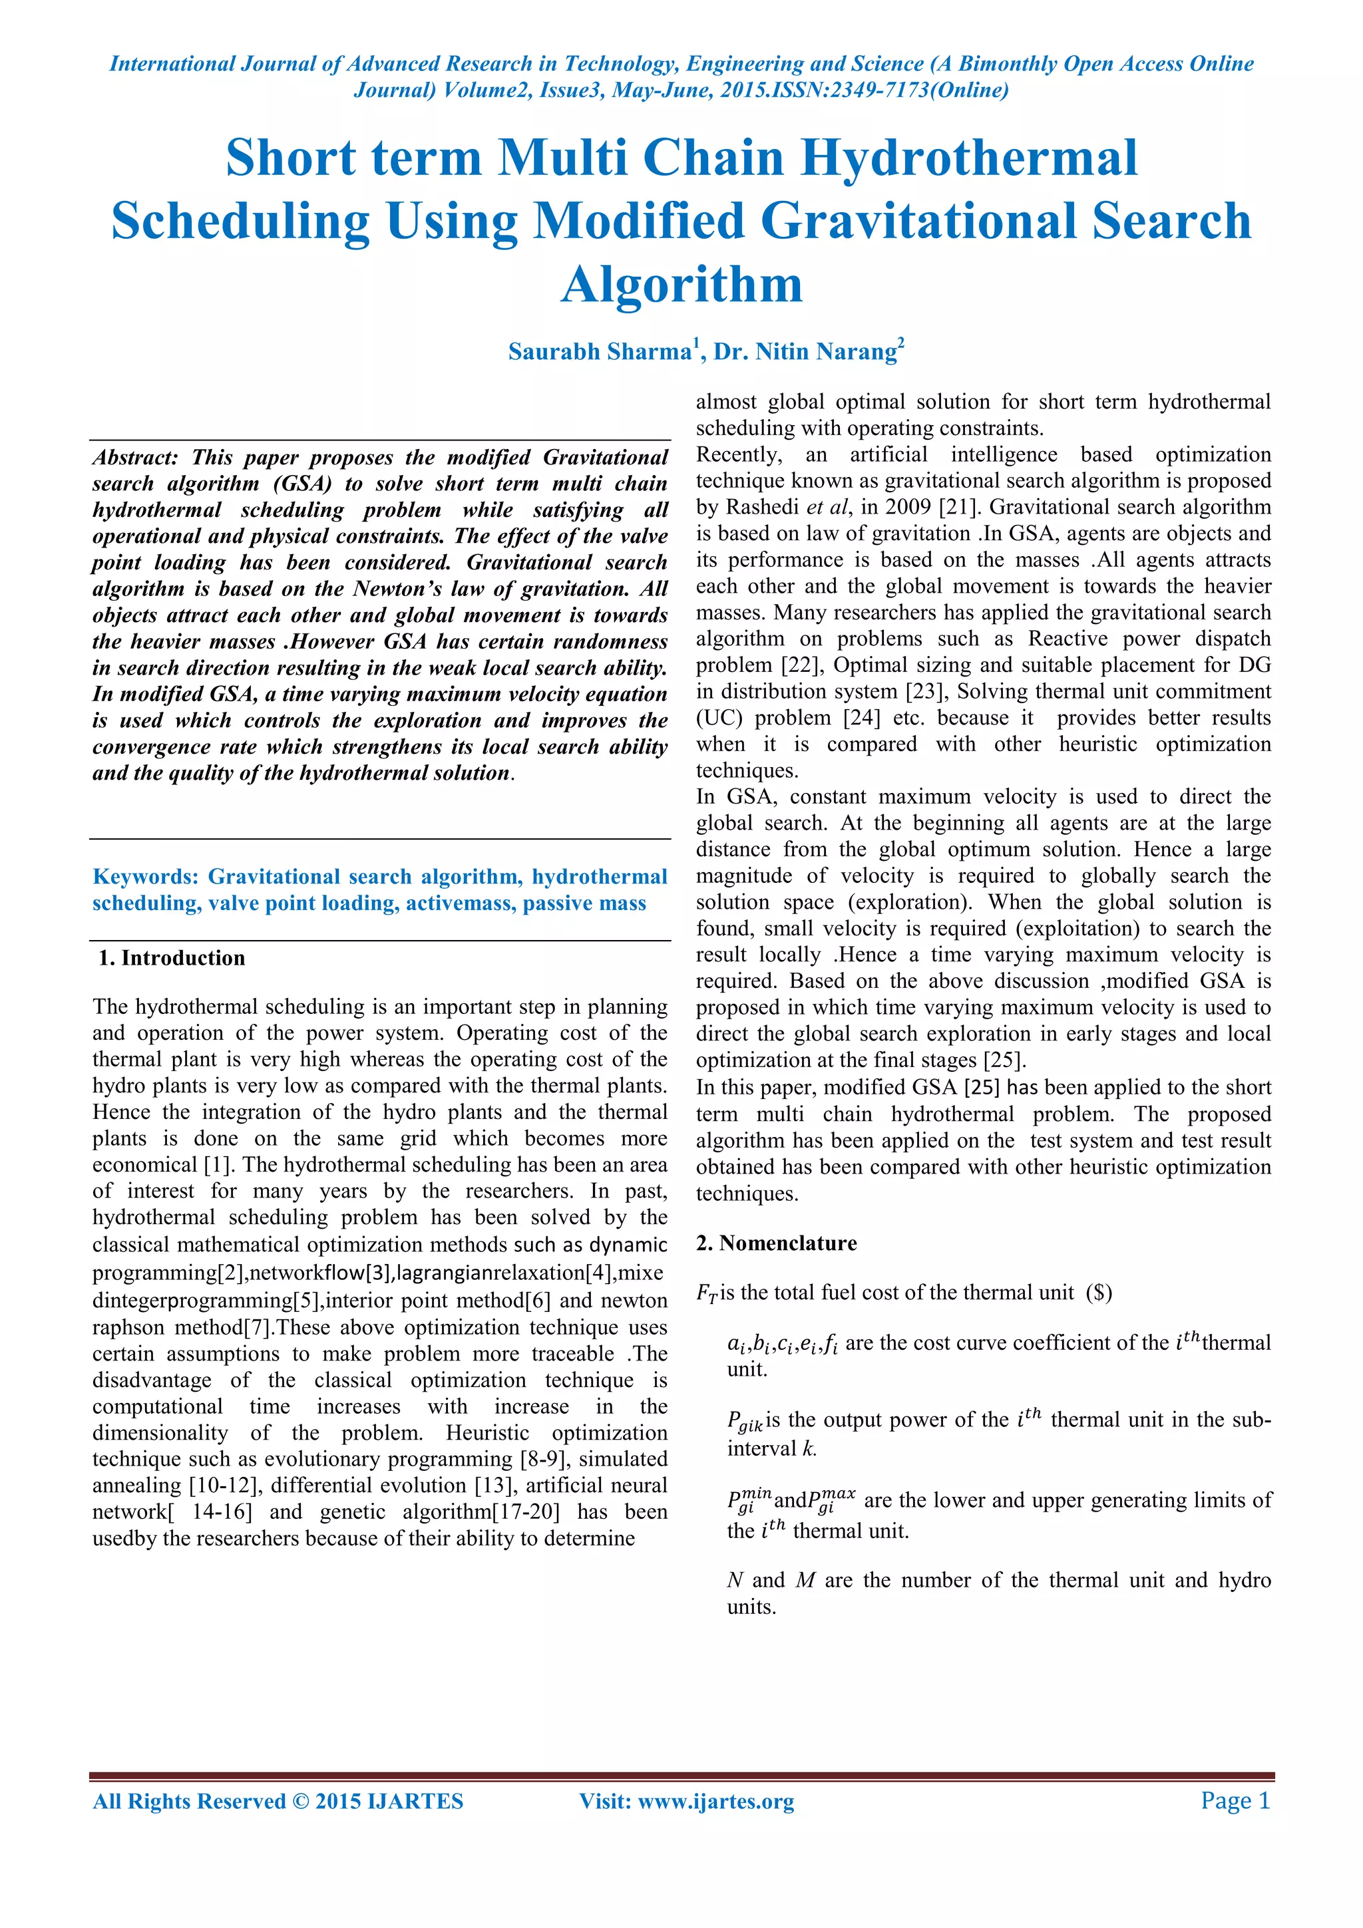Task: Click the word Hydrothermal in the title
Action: tap(968, 158)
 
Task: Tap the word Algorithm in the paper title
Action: tap(681, 285)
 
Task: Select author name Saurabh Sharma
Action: tap(599, 351)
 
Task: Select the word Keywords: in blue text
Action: tap(145, 877)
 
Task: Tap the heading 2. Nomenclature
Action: tap(776, 1243)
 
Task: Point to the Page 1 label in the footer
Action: tap(1235, 1800)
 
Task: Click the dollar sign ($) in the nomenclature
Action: tap(1099, 1293)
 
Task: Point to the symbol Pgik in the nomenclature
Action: tap(744, 1422)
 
